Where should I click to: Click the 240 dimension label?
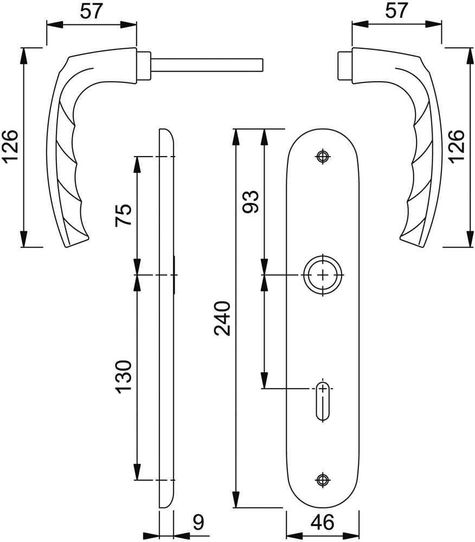(x=224, y=318)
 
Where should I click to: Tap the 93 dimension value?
(x=251, y=202)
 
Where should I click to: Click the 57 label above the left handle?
(x=91, y=11)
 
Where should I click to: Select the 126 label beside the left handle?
(x=11, y=147)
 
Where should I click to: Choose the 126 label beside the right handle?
(x=457, y=146)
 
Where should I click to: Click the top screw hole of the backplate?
(x=323, y=157)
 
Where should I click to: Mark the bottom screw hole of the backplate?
(x=323, y=479)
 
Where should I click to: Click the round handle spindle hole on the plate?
(x=323, y=275)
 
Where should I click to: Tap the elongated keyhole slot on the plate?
(x=323, y=402)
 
